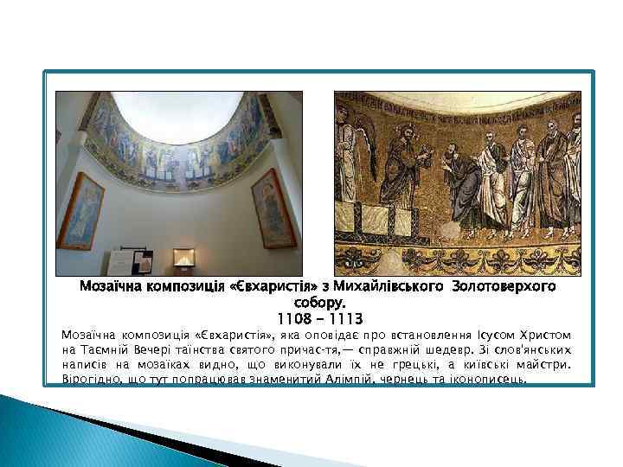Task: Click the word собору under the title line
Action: pos(318,303)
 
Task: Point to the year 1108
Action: pos(292,318)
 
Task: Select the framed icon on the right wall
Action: pos(272,208)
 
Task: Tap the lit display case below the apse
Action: pos(183,257)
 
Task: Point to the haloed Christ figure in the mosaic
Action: pos(397,170)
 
